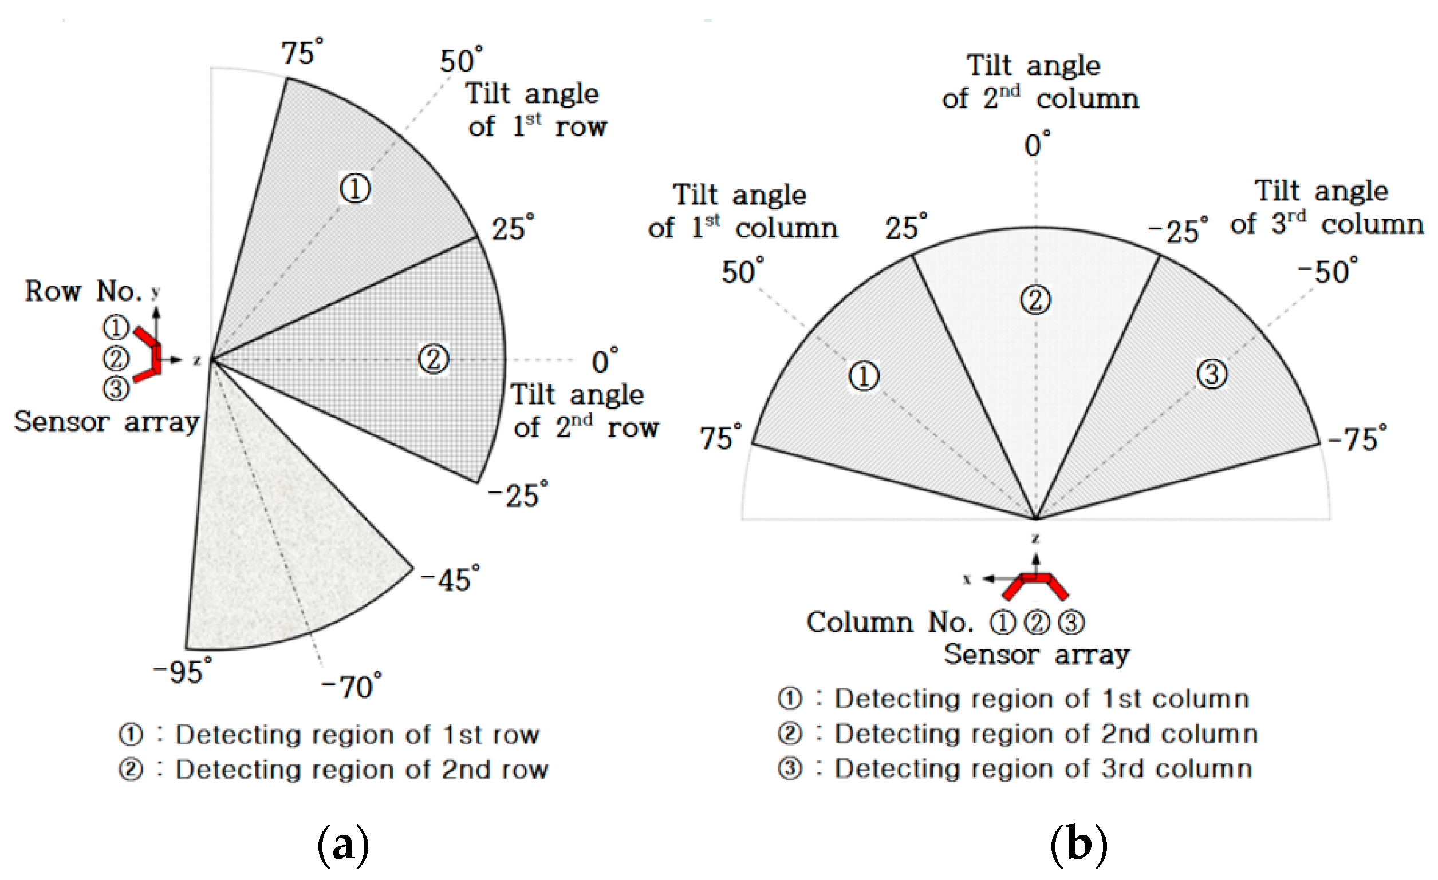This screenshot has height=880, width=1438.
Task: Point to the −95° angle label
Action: pyautogui.click(x=182, y=671)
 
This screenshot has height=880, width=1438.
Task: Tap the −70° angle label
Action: pyautogui.click(x=351, y=686)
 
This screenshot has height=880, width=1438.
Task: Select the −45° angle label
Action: pyautogui.click(x=450, y=579)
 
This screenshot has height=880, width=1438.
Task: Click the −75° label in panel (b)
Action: pyautogui.click(x=1356, y=438)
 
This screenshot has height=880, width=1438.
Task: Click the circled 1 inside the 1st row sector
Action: pyautogui.click(x=355, y=188)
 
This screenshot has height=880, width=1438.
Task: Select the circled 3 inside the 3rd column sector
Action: pyautogui.click(x=1212, y=374)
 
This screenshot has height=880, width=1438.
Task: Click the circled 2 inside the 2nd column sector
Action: pyautogui.click(x=1035, y=300)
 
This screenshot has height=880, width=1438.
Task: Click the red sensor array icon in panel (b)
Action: pyautogui.click(x=1035, y=585)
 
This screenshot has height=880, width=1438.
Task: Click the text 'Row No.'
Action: pyautogui.click(x=83, y=291)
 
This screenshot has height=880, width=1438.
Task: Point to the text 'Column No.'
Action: pyautogui.click(x=889, y=623)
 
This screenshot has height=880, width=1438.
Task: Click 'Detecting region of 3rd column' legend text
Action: pyautogui.click(x=1042, y=768)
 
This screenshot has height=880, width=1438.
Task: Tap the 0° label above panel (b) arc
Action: pyautogui.click(x=1037, y=145)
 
